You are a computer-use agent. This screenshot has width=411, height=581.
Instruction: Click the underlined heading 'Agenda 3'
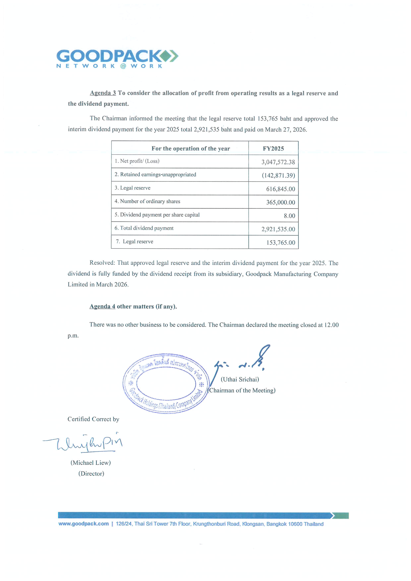tap(103, 93)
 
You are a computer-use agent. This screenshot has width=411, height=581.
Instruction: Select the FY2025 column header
tap(273, 149)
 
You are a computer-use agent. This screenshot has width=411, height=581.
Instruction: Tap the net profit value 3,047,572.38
tap(278, 162)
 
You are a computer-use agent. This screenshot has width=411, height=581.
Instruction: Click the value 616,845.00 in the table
tap(280, 189)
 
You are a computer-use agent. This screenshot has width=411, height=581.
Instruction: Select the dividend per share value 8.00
tap(289, 216)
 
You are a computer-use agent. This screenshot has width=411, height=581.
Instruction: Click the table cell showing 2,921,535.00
tap(278, 229)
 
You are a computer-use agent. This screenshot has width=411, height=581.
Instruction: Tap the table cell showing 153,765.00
tap(280, 242)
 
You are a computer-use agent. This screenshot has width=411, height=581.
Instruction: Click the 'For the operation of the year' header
tap(191, 149)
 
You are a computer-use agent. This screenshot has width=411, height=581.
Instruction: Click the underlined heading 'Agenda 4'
tap(102, 306)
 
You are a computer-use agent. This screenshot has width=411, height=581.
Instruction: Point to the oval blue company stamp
tap(166, 383)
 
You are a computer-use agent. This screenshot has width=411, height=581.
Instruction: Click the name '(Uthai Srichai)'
tap(240, 379)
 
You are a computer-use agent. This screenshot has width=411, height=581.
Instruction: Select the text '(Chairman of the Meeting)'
tap(242, 390)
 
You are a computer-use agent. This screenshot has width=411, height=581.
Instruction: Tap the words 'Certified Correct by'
tap(93, 419)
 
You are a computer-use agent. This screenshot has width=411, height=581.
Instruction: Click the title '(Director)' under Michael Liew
tap(91, 474)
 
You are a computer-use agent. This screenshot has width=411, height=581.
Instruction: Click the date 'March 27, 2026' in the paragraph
tap(286, 129)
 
